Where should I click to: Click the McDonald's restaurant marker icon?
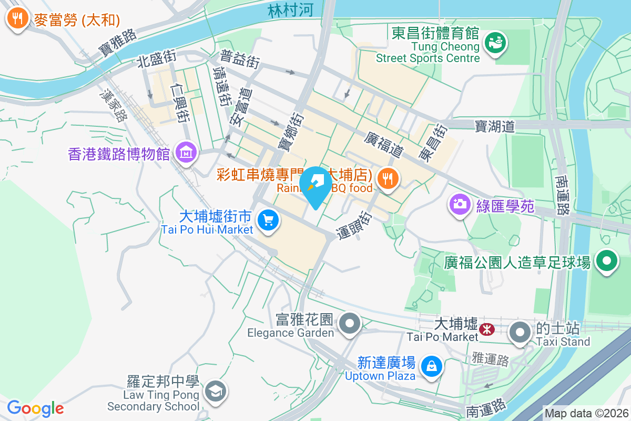(18, 19)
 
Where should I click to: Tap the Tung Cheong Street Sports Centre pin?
(495, 42)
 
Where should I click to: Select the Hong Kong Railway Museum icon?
(186, 153)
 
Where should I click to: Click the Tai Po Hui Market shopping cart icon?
(268, 219)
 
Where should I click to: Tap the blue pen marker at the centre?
(315, 185)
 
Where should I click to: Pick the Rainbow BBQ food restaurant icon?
(388, 178)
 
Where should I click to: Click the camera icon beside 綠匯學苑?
(460, 204)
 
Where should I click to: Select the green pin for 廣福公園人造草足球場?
(607, 260)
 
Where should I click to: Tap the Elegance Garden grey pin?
(350, 323)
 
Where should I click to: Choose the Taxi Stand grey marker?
(521, 332)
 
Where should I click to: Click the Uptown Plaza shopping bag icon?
(431, 366)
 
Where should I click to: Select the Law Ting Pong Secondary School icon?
(216, 390)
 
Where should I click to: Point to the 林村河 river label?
(290, 11)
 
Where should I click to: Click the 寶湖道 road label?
(494, 126)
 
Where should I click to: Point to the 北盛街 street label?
(156, 58)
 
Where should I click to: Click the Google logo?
(35, 408)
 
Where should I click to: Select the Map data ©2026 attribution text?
(586, 414)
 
